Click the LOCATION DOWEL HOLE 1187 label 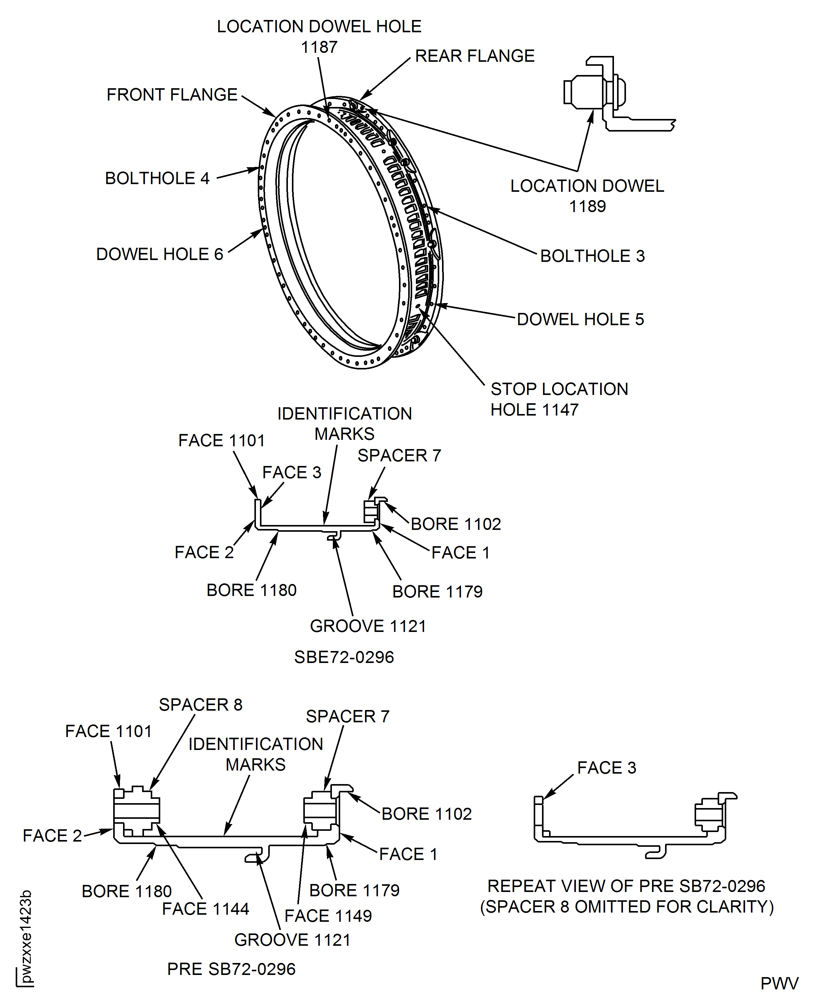pyautogui.click(x=319, y=37)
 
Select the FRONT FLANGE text pyautogui.click(x=172, y=95)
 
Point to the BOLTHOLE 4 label pyautogui.click(x=157, y=178)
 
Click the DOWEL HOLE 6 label pyautogui.click(x=160, y=254)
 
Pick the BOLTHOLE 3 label pyautogui.click(x=592, y=256)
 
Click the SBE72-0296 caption pyautogui.click(x=344, y=657)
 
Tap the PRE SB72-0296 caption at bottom pyautogui.click(x=231, y=969)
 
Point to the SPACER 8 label pyautogui.click(x=201, y=705)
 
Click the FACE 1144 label pyautogui.click(x=205, y=909)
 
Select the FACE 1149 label pyautogui.click(x=328, y=916)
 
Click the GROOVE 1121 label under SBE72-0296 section pyautogui.click(x=368, y=626)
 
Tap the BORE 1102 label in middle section pyautogui.click(x=456, y=524)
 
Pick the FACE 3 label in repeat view pyautogui.click(x=607, y=768)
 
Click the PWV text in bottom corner pyautogui.click(x=779, y=984)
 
